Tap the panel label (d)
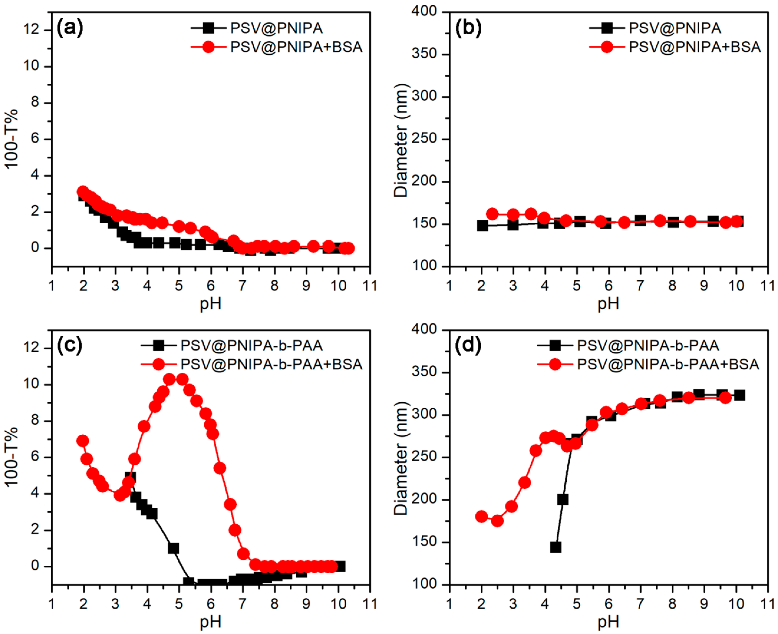coord(468,345)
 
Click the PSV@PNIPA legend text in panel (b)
coord(675,28)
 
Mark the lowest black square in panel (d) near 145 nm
coord(555,547)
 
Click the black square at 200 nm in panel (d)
coord(563,500)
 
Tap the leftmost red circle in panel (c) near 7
coord(83,441)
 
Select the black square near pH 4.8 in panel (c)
coord(173,548)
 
